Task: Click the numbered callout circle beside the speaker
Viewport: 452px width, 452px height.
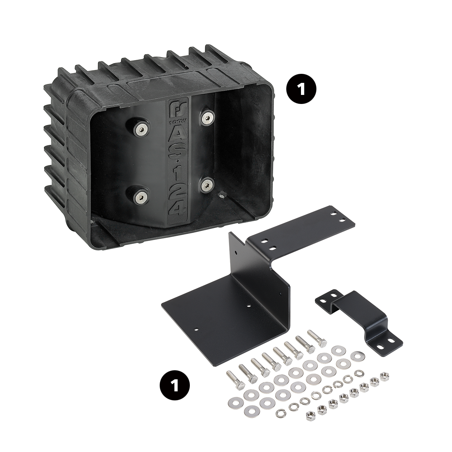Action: (x=301, y=89)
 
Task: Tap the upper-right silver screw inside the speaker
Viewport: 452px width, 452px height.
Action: (x=207, y=118)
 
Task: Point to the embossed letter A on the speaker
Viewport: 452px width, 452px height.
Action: (x=178, y=136)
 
